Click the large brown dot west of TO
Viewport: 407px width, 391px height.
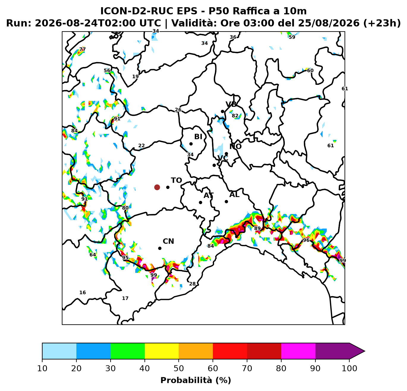point(157,187)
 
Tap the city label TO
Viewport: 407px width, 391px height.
point(176,180)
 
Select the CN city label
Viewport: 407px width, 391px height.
point(168,241)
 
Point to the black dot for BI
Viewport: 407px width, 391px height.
point(191,144)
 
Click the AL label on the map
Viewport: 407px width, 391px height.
point(234,195)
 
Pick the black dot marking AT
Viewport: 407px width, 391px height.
point(200,202)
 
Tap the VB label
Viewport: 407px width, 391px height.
point(231,104)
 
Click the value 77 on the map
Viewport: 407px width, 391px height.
point(82,49)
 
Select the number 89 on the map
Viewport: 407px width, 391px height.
point(257,228)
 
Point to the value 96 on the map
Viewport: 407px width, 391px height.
point(306,240)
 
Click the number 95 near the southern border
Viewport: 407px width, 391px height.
point(125,258)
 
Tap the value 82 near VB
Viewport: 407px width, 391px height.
point(235,115)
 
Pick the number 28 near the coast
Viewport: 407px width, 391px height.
point(192,284)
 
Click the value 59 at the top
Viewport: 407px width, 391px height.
point(292,37)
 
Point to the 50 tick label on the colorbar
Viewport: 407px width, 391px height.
point(179,368)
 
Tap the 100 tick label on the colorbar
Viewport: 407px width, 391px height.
point(349,368)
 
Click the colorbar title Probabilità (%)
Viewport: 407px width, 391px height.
point(196,380)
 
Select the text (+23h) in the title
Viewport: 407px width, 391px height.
point(382,23)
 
